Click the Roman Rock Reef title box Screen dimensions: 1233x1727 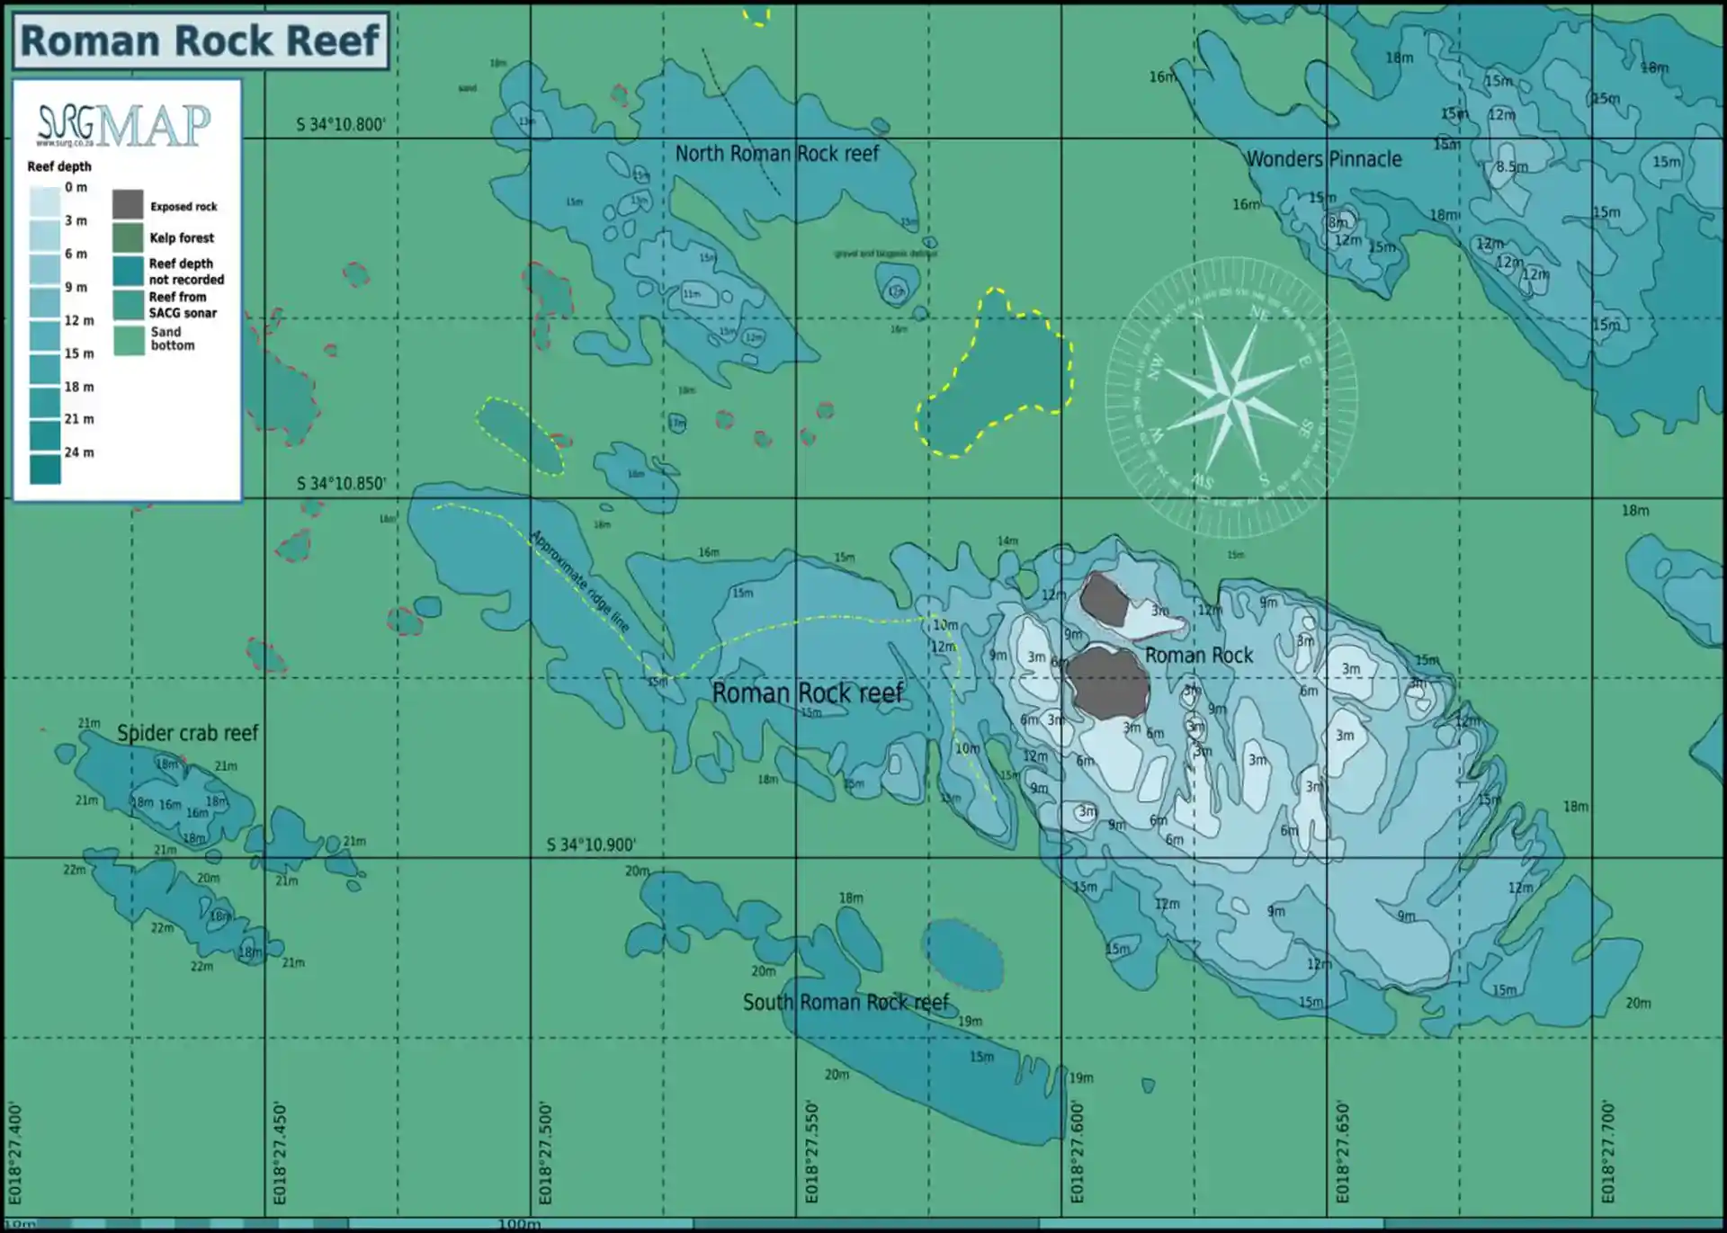point(201,40)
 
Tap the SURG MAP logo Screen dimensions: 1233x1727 point(124,125)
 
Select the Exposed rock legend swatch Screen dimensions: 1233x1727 point(128,205)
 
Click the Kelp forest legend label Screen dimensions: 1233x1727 point(182,238)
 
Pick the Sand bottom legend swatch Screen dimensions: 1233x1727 point(129,339)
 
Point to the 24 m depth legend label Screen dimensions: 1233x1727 point(79,452)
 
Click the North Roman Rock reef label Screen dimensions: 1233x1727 point(777,154)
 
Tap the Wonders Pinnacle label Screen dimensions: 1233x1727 point(1323,159)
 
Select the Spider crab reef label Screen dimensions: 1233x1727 point(188,733)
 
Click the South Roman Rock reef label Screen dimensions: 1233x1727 point(846,1002)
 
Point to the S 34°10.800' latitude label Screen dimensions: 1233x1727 point(341,125)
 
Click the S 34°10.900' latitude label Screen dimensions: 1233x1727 point(591,845)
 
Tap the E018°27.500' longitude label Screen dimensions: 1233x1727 point(545,1153)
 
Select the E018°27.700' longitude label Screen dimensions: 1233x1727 point(1607,1153)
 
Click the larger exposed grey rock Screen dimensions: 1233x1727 point(1107,684)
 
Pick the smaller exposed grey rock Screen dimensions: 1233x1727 point(1104,600)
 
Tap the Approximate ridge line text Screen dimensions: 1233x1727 point(579,581)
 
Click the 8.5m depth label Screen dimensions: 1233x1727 point(1512,167)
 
